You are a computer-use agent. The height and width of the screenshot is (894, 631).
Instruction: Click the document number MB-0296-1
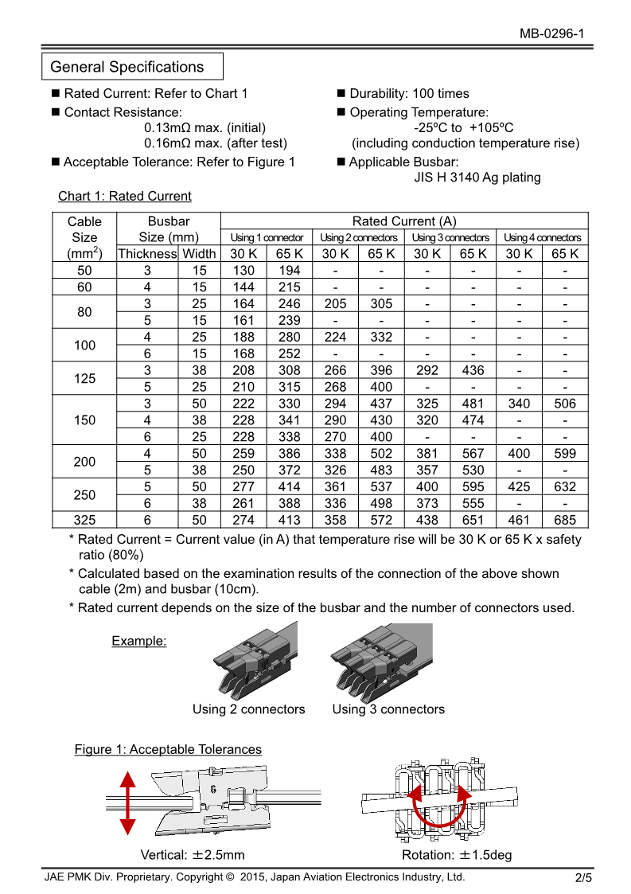click(x=552, y=33)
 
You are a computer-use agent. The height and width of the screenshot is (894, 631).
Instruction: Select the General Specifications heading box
click(x=132, y=67)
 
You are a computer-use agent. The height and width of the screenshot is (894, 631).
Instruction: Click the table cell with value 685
click(x=565, y=520)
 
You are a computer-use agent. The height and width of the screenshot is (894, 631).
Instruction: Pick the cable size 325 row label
click(x=84, y=520)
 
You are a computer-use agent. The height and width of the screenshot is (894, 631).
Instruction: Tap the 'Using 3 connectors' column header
click(x=450, y=237)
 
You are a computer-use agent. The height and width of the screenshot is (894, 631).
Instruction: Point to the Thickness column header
click(x=147, y=254)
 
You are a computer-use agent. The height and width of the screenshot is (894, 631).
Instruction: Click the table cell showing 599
click(x=565, y=453)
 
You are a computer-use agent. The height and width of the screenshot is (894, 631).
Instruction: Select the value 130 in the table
click(x=243, y=271)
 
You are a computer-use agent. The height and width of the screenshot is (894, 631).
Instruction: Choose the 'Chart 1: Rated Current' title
click(x=125, y=196)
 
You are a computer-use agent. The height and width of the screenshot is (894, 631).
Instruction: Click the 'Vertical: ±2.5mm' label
click(x=193, y=855)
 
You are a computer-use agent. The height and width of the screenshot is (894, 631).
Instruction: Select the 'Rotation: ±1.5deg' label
click(x=457, y=855)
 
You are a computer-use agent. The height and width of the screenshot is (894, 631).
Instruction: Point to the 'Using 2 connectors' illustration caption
click(x=248, y=709)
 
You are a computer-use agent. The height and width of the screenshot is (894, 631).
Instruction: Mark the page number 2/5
click(x=584, y=878)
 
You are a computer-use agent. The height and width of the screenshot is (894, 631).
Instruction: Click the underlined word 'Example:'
click(x=139, y=641)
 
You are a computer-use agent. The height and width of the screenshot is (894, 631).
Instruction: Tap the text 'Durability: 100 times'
click(x=409, y=93)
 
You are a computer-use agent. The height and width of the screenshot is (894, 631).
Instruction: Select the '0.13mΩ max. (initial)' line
click(x=205, y=127)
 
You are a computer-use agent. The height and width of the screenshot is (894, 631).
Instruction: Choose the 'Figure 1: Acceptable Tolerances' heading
click(x=168, y=749)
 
